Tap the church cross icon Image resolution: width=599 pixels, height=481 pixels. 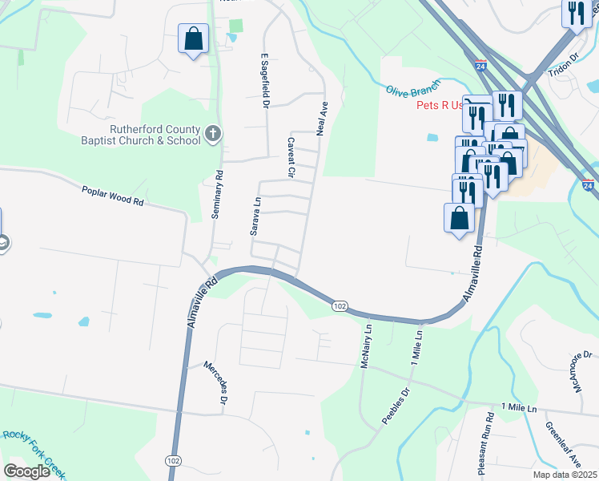tap(213, 133)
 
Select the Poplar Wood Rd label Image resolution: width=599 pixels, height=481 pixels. tap(112, 196)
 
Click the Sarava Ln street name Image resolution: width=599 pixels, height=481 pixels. tap(257, 217)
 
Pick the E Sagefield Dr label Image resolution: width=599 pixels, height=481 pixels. tap(263, 81)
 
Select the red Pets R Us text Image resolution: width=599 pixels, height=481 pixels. tap(440, 105)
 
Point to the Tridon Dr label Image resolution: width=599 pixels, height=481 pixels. tap(563, 67)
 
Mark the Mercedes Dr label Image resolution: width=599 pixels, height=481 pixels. tap(217, 381)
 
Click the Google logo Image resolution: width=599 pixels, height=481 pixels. tap(26, 471)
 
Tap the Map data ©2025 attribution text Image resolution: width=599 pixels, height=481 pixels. tap(564, 475)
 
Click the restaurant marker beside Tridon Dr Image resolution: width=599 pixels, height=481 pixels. tap(577, 14)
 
